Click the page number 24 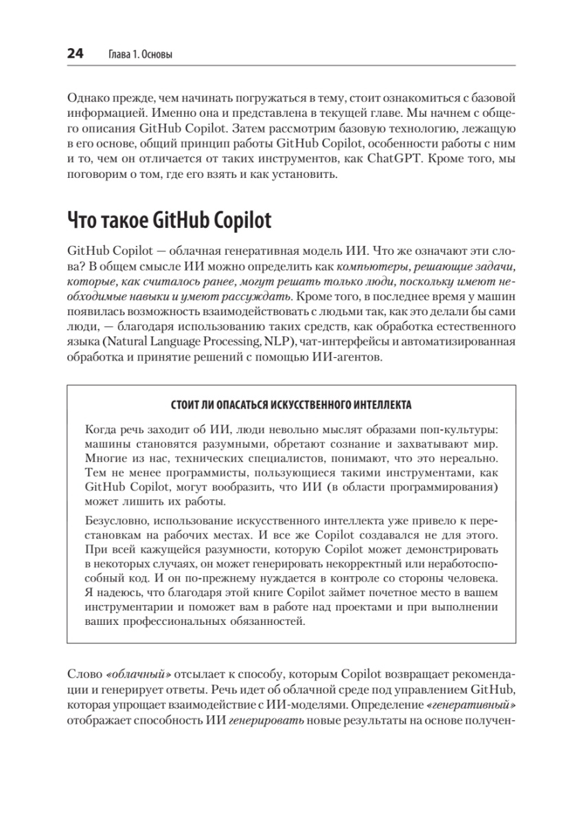click(x=75, y=55)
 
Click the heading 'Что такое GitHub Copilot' click(x=169, y=220)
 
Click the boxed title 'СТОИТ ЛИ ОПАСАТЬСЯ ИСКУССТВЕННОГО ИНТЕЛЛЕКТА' click(x=291, y=404)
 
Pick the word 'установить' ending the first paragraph click(x=306, y=175)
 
